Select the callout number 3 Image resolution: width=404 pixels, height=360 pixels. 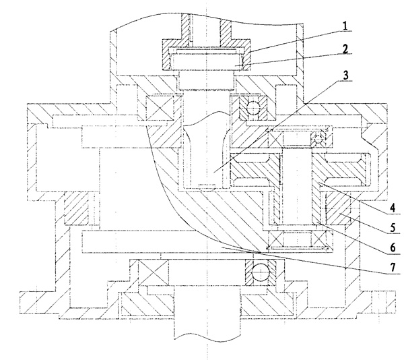[344, 76]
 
